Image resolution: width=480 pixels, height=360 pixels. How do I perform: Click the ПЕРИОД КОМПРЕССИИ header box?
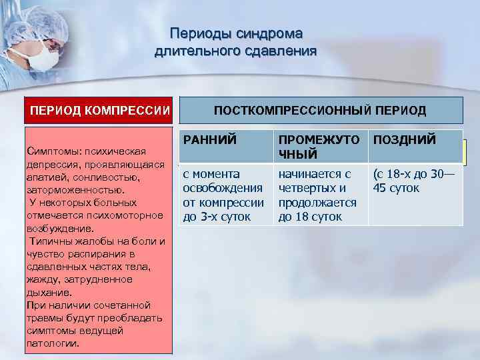(x=98, y=111)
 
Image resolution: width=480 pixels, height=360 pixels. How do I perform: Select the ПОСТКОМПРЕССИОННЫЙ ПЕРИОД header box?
(x=320, y=111)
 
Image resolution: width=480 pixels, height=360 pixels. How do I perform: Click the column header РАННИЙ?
(x=207, y=140)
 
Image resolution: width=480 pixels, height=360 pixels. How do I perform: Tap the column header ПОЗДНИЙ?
(x=405, y=140)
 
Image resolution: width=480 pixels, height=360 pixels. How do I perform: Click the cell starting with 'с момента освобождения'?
(x=223, y=195)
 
